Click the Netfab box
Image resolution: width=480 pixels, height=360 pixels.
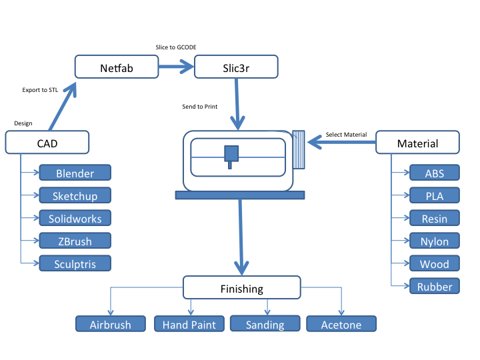coord(117,67)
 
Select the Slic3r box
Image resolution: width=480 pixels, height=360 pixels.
coord(236,67)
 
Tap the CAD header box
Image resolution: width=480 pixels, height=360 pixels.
coord(47,143)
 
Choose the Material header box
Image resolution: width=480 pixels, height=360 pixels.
coord(417,143)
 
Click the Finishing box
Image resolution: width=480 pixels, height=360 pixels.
coord(242,287)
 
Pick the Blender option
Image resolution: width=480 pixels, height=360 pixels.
coord(75,173)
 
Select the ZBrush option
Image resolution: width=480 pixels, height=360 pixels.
coord(75,241)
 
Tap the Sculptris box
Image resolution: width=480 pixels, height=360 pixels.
coord(75,263)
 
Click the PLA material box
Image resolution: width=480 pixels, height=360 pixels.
coord(435,195)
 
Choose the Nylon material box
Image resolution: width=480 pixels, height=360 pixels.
coord(435,241)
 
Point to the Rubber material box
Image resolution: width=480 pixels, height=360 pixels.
coord(435,286)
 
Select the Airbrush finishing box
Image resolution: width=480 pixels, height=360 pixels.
coord(111,324)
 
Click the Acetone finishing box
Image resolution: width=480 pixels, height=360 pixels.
coord(341,324)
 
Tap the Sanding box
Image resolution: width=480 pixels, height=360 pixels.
coord(265,323)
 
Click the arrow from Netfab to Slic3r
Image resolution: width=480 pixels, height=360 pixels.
coord(176,67)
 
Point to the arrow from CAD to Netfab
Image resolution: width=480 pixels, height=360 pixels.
coord(63,106)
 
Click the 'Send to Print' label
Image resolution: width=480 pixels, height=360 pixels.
coord(199,107)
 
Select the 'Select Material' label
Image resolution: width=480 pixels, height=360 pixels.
coord(346,135)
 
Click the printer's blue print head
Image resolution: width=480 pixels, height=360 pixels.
coord(231,157)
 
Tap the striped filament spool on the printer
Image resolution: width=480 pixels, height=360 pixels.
coord(299,150)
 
